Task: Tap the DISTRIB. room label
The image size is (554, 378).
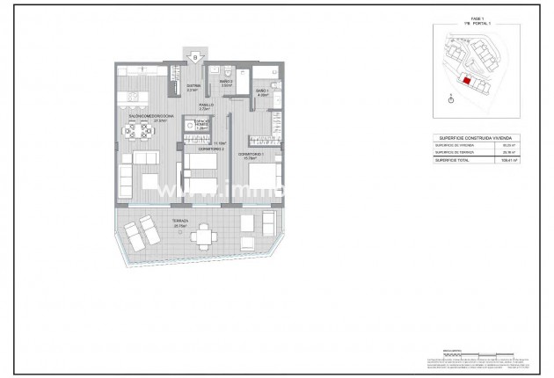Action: tap(193, 86)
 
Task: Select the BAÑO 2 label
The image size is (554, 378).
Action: tap(225, 83)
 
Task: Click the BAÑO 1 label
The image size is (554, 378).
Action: tap(261, 91)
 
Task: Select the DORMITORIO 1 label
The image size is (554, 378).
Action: tap(255, 155)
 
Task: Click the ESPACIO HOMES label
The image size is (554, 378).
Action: tap(200, 125)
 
